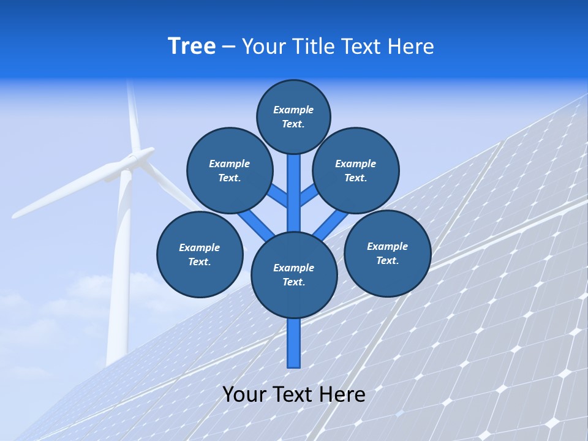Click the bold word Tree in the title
pos(192,47)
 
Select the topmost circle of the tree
pos(293,116)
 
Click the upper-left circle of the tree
pos(230,171)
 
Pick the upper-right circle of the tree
pos(356,171)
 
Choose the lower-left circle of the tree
pos(200,255)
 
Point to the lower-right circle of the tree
pos(388,254)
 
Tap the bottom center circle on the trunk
pos(294,275)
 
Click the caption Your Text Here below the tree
pos(294,394)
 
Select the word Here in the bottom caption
pos(342,394)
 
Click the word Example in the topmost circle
pos(293,110)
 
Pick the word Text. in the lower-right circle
pos(387,260)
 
